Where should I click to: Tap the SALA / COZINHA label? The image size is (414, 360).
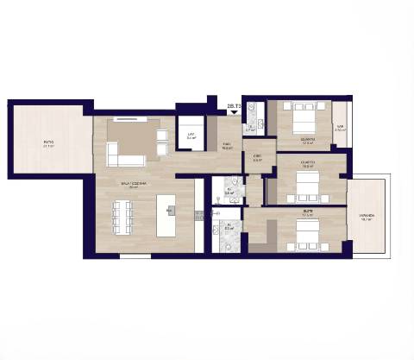tap(134, 184)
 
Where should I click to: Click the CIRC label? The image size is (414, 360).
tap(257, 157)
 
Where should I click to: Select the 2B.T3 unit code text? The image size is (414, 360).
tap(232, 104)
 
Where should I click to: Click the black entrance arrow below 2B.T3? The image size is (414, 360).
tap(233, 112)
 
